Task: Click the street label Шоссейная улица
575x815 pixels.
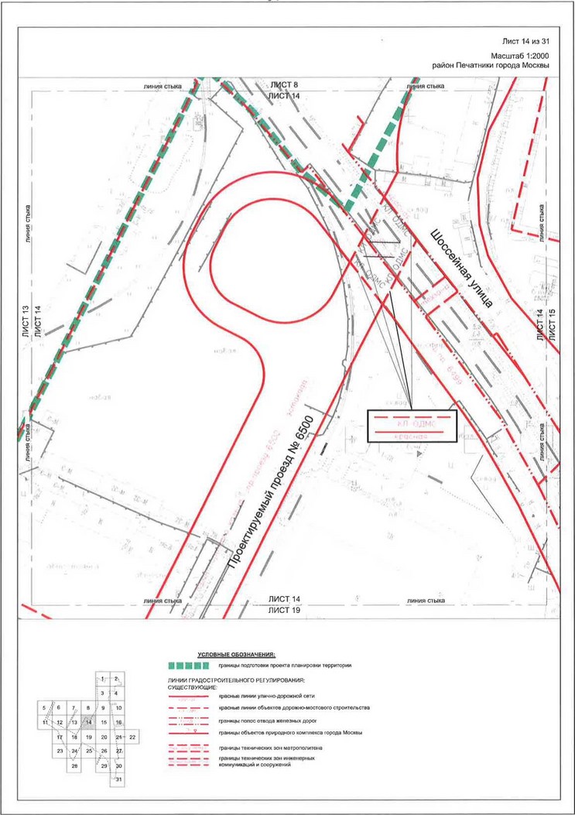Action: (x=462, y=268)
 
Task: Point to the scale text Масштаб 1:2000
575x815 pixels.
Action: (x=520, y=56)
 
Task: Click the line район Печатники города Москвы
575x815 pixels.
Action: (x=491, y=66)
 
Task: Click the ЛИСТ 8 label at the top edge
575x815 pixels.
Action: (x=284, y=84)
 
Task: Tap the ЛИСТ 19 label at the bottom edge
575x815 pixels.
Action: (x=284, y=611)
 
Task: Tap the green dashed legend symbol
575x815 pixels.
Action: (x=189, y=665)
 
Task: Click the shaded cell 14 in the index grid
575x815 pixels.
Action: (x=89, y=722)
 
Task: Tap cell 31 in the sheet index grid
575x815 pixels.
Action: (x=119, y=779)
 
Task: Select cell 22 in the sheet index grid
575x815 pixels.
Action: (x=133, y=736)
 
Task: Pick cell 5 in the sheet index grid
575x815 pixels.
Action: (x=45, y=707)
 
